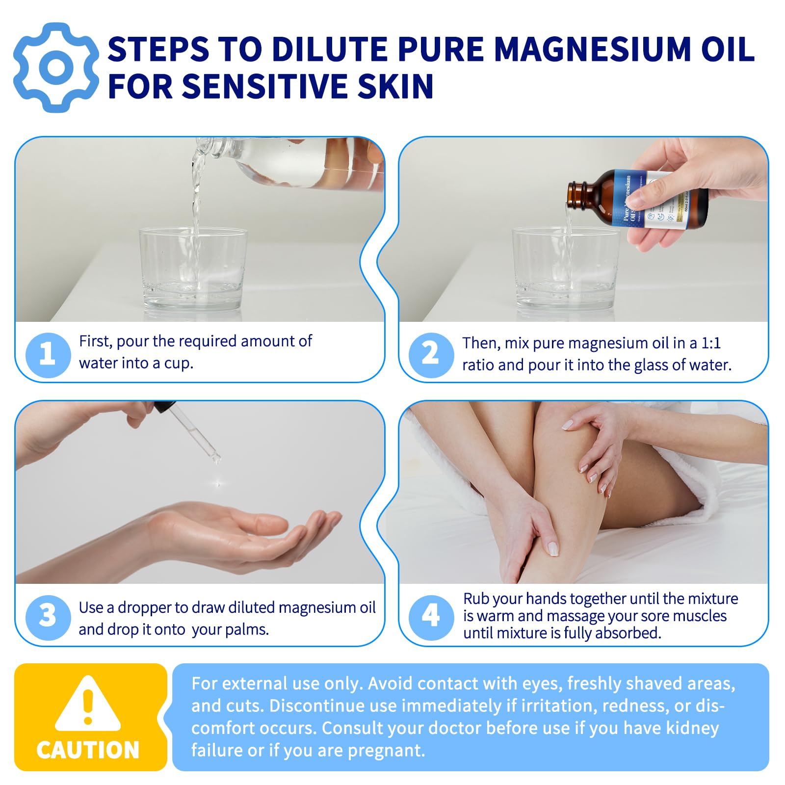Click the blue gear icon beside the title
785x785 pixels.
point(56,68)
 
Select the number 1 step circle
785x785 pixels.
point(48,355)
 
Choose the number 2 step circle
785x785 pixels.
point(431,355)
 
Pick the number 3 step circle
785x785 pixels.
point(48,617)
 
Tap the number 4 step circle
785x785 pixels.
point(431,617)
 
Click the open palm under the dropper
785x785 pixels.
point(245,535)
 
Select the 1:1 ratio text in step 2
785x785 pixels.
point(711,343)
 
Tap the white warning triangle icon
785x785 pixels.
point(88,705)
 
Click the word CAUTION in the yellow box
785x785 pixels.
point(88,750)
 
